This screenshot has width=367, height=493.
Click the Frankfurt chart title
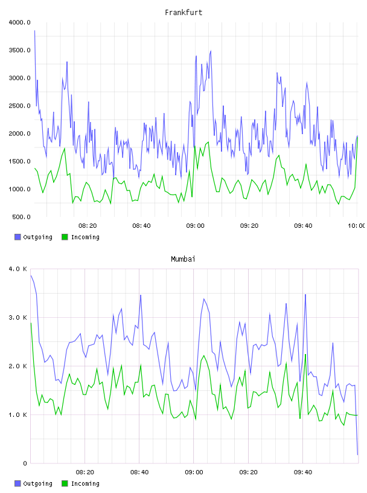coord(183,13)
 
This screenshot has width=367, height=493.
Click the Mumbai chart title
coord(183,259)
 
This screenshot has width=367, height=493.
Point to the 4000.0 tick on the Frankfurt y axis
coord(19,22)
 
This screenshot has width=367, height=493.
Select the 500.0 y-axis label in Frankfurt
coord(21,217)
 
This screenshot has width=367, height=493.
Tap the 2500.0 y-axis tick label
coord(19,106)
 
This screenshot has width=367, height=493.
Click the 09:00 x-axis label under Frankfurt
coord(195,226)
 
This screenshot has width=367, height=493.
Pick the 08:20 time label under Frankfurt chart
coord(88,226)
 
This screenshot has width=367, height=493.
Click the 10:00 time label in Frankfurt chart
coord(356,226)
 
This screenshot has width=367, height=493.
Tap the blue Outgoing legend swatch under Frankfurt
coord(18,237)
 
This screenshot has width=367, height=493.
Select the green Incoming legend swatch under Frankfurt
coord(65,237)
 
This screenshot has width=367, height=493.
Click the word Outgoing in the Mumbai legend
coord(37,483)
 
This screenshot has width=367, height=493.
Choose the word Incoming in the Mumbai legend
coord(85,483)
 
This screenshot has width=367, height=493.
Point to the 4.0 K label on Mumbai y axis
coord(18,269)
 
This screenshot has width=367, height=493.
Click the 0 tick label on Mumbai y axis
coord(25,463)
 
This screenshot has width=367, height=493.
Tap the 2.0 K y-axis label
coord(18,366)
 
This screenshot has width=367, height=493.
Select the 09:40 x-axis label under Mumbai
coord(303,472)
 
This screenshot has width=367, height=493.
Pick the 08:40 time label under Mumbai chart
coord(139,472)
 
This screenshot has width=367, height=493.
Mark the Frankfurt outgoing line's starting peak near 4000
coord(34,30)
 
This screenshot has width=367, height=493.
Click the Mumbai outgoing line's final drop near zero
coord(357,454)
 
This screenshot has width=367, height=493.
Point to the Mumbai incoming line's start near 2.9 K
coord(31,323)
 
